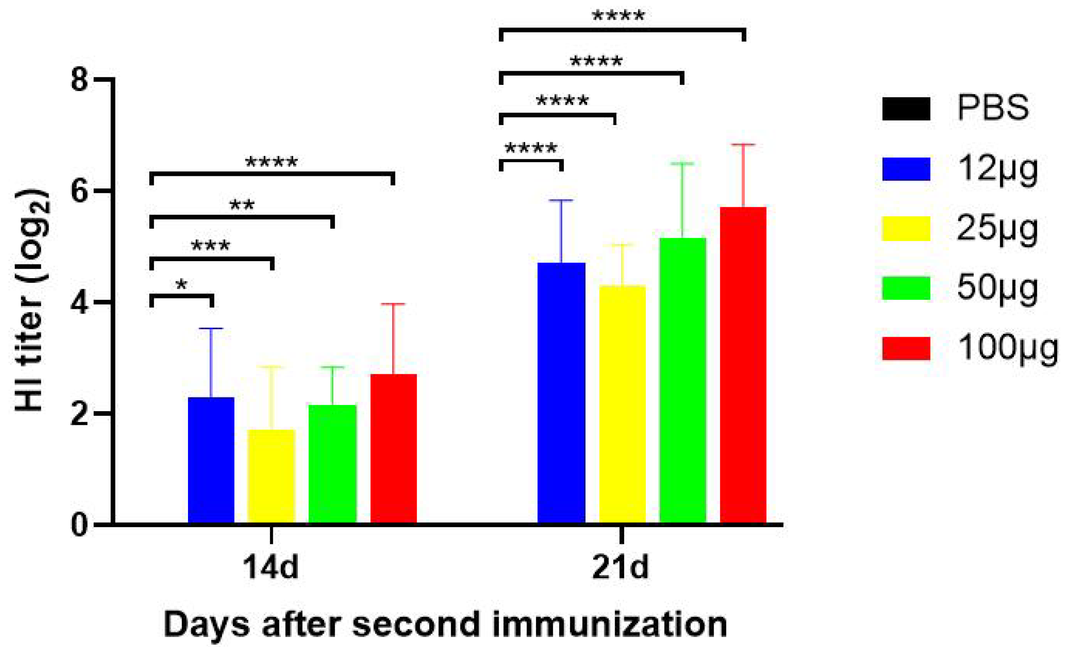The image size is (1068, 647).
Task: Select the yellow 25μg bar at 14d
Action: [271, 477]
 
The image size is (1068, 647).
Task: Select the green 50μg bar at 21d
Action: [682, 381]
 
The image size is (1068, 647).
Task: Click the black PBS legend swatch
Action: [906, 109]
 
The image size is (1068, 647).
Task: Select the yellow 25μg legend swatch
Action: [906, 228]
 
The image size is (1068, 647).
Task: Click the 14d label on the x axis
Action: [271, 567]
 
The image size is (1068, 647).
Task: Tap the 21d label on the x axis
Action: [621, 567]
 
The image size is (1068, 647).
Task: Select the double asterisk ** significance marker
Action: [242, 205]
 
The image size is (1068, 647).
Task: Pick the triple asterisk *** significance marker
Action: [211, 246]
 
